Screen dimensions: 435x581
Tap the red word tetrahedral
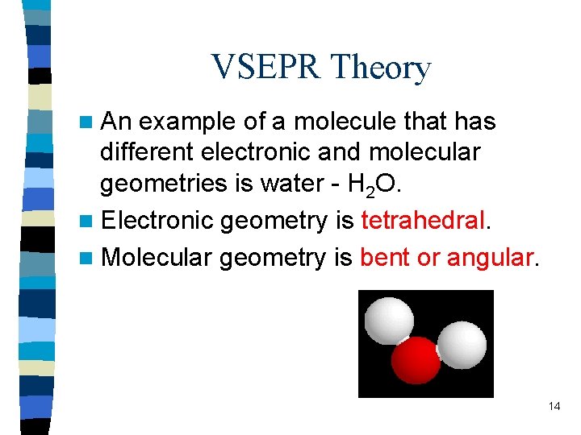point(423,220)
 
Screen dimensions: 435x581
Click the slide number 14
point(554,406)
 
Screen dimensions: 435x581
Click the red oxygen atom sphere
point(417,359)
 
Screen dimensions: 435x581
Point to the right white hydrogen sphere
point(462,343)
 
